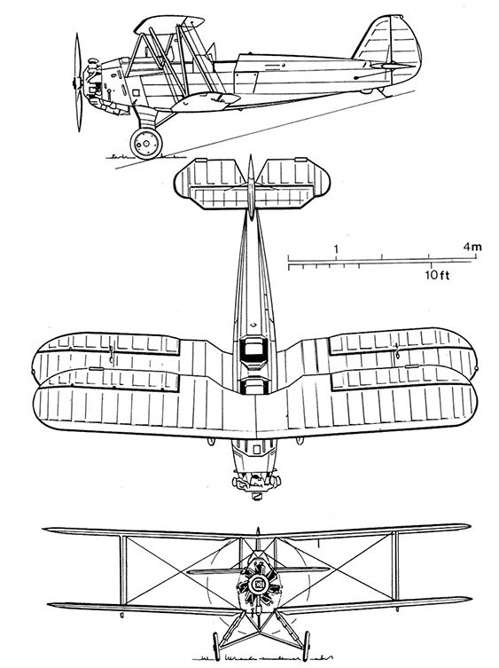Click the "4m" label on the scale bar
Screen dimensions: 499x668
472,247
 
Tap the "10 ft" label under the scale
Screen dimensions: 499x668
436,275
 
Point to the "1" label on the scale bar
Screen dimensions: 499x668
336,248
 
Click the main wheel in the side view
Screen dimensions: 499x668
146,143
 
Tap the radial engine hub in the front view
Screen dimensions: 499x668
257,585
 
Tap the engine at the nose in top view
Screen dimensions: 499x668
256,482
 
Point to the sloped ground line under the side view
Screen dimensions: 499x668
264,130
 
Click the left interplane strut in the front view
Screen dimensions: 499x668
123,570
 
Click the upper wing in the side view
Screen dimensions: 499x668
168,24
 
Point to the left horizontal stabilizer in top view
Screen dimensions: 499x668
210,184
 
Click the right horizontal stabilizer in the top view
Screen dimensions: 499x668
292,184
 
